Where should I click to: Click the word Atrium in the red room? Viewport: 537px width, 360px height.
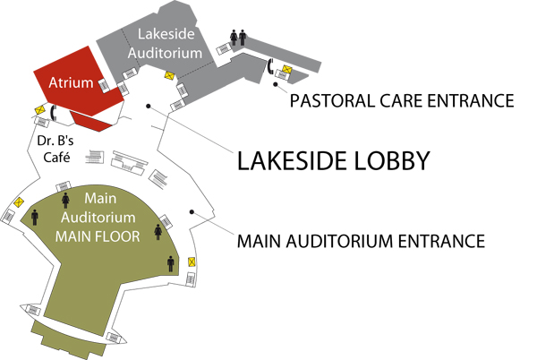(x=71, y=82)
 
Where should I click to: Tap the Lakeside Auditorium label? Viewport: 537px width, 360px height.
(x=165, y=44)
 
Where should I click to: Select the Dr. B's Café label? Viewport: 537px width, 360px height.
(x=55, y=149)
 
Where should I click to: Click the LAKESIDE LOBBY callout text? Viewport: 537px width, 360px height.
(x=333, y=160)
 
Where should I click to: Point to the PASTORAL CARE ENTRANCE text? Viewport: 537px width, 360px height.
(x=402, y=100)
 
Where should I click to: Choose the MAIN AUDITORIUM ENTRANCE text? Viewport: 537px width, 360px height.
(x=361, y=241)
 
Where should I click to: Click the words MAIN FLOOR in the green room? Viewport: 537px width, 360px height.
(x=98, y=236)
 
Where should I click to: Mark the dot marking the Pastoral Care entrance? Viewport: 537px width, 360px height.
(x=276, y=84)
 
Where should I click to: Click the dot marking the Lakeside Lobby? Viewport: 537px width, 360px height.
(x=149, y=106)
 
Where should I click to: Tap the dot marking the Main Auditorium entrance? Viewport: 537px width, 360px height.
(x=192, y=212)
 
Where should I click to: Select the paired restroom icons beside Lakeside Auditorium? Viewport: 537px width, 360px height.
(x=238, y=38)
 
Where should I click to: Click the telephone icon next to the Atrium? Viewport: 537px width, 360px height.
(x=53, y=113)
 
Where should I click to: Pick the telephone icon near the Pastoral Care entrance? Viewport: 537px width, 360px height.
(x=270, y=66)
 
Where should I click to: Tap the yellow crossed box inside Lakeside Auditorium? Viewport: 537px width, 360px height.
(x=169, y=76)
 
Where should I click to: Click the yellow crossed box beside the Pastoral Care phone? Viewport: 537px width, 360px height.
(x=287, y=70)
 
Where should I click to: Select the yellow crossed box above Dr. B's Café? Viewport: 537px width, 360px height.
(x=40, y=110)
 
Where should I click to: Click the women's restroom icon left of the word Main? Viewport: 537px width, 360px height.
(x=65, y=201)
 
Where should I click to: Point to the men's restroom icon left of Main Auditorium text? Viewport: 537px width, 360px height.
(x=35, y=218)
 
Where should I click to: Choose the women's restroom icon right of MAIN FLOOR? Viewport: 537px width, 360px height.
(x=158, y=232)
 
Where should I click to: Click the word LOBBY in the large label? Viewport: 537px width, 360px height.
(x=392, y=160)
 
